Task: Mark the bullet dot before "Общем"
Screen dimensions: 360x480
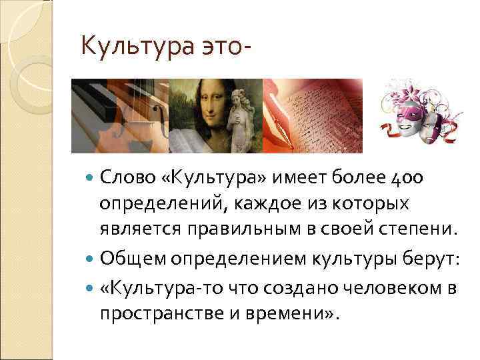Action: (x=91, y=258)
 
